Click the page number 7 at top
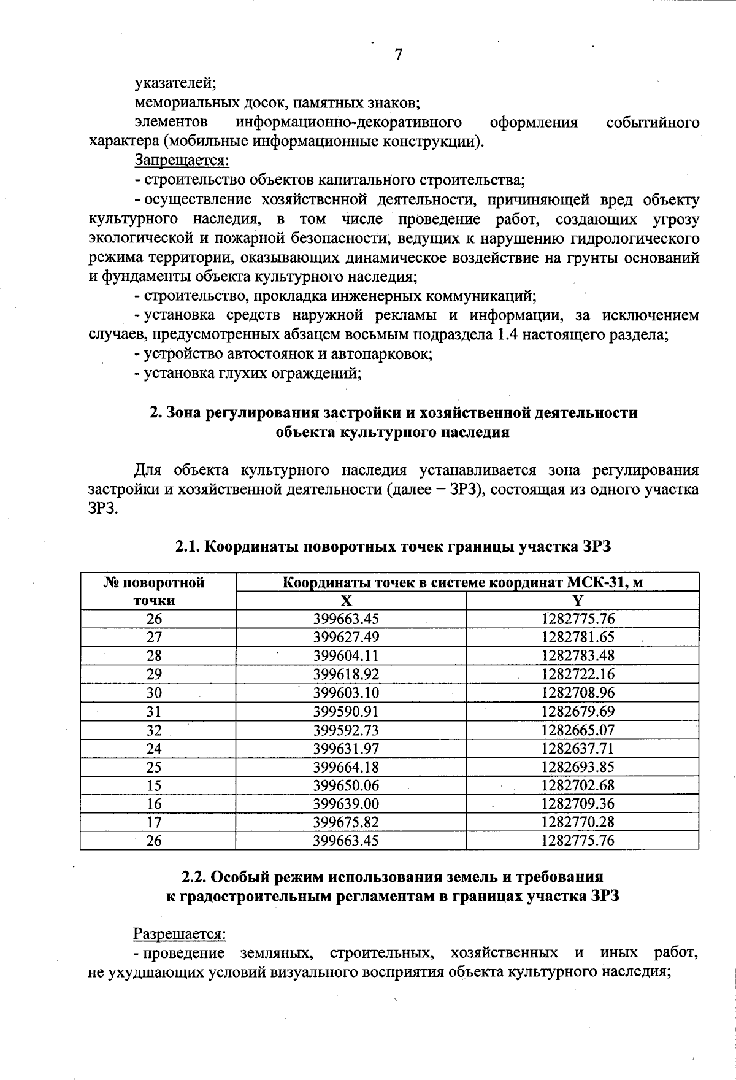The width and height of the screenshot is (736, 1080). click(x=399, y=55)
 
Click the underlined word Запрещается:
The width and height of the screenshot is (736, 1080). click(x=182, y=161)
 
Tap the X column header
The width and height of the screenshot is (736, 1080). click(x=347, y=601)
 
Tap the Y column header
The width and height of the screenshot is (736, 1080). click(x=577, y=601)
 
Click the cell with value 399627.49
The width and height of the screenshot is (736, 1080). click(x=346, y=638)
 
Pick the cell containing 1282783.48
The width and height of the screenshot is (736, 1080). click(x=577, y=656)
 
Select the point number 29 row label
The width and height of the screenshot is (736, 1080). click(x=154, y=674)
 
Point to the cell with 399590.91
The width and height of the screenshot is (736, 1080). click(x=346, y=712)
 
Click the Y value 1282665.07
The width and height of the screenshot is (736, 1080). click(x=577, y=730)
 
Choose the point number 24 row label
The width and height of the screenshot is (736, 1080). click(x=154, y=749)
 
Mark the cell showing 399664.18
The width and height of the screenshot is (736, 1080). click(x=346, y=767)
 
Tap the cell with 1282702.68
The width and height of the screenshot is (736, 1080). click(x=577, y=785)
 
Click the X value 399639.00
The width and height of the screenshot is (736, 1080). click(x=346, y=804)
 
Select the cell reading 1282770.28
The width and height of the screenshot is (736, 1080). click(x=577, y=822)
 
